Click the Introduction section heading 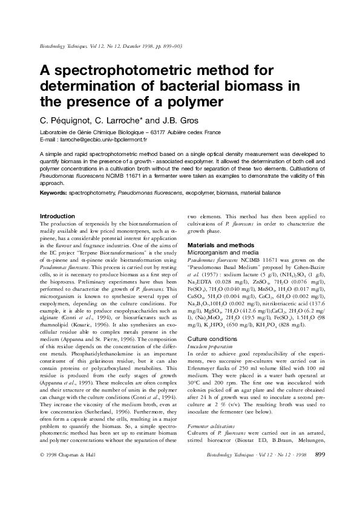coord(57,216)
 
